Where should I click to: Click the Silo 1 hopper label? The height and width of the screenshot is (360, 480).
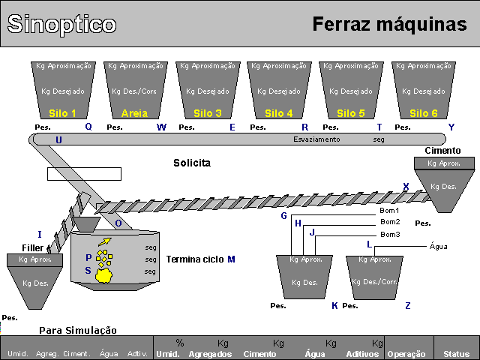[62, 114]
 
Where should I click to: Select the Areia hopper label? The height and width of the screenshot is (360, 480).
[134, 114]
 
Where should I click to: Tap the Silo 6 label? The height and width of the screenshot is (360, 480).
[424, 114]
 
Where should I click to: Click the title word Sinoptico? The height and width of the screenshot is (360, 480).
[61, 24]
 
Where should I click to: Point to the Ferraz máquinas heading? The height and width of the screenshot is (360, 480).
[389, 24]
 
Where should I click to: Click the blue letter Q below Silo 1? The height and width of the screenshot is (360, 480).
[88, 127]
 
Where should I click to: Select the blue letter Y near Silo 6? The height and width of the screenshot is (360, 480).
[451, 127]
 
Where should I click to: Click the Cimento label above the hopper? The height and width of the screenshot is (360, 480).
[442, 151]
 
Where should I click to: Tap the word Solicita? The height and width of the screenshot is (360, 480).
[192, 163]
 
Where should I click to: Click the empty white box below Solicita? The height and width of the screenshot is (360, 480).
[84, 174]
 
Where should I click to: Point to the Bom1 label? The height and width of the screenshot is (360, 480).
[390, 211]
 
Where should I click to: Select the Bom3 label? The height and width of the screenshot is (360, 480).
[390, 235]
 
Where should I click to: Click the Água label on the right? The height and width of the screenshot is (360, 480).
[439, 246]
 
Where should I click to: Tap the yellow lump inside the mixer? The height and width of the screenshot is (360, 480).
[104, 275]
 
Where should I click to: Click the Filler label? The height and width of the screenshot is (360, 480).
[33, 247]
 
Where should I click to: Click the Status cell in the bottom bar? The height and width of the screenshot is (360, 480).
[456, 353]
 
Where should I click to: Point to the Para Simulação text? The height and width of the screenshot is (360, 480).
[78, 330]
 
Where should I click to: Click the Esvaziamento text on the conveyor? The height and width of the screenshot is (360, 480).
[316, 139]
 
